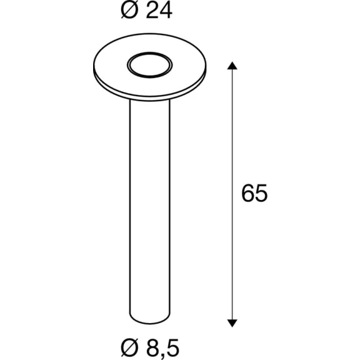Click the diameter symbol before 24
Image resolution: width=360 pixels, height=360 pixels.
129,11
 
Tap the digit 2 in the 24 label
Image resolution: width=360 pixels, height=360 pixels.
152,11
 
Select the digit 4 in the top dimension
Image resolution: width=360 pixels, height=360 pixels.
166,11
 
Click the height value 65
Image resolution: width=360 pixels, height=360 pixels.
254,193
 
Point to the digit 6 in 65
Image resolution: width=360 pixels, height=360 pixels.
248,193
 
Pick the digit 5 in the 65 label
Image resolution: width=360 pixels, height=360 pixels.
261,193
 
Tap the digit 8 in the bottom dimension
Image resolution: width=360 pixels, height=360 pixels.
152,347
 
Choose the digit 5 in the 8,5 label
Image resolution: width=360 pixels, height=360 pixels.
172,347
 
